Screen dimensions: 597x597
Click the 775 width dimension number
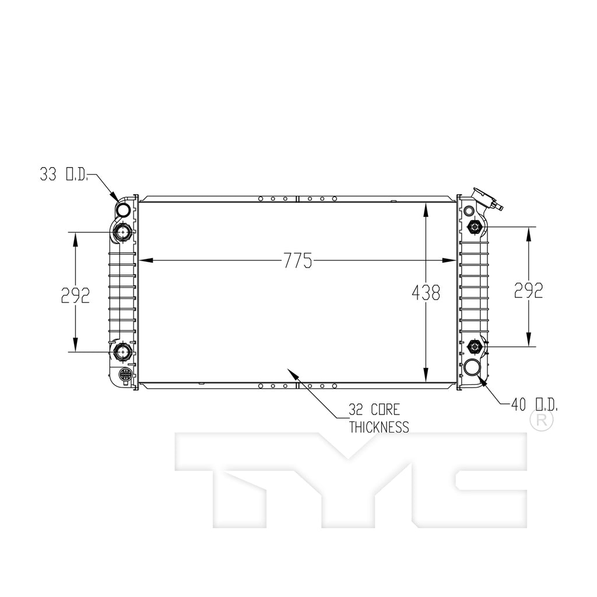click(298, 261)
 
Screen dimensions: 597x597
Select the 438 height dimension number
click(426, 293)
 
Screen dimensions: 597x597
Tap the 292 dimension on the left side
click(75, 295)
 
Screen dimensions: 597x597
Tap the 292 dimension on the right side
click(528, 290)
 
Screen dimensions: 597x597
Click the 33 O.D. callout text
click(64, 174)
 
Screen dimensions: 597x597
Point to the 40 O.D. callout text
click(534, 405)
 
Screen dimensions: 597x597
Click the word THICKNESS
click(379, 427)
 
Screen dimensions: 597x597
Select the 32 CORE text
click(374, 410)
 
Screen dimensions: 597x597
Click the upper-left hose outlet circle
click(123, 209)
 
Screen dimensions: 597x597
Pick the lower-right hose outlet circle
click(472, 368)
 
